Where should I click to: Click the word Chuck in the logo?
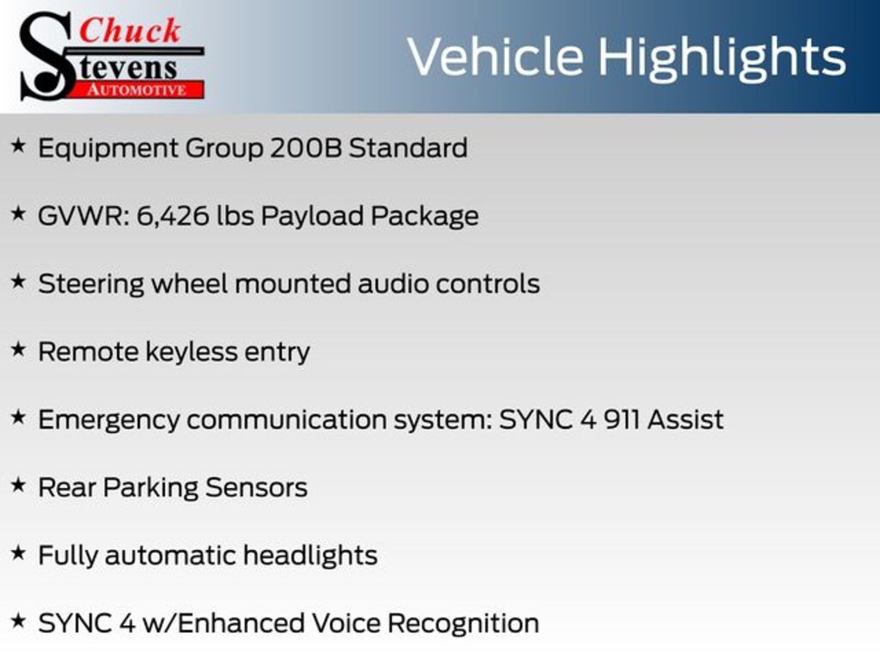130,30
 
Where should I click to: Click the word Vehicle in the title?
496,57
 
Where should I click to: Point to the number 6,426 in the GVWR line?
173,217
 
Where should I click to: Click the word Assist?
685,419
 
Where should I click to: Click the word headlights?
310,556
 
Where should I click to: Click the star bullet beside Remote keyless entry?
19,349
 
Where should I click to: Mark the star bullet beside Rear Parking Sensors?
19,485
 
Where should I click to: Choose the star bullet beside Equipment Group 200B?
19,145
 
